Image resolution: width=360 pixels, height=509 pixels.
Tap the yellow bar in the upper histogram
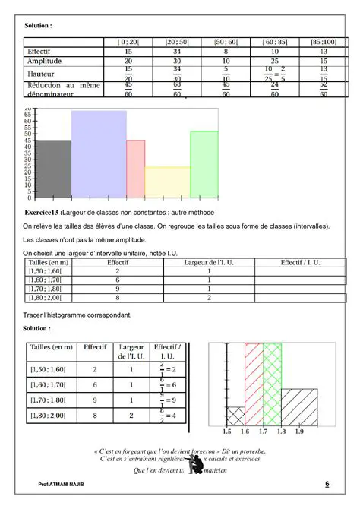pos(167,182)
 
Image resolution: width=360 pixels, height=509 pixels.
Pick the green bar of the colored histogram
pos(204,163)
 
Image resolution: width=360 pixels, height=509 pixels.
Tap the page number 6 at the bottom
pos(327,484)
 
